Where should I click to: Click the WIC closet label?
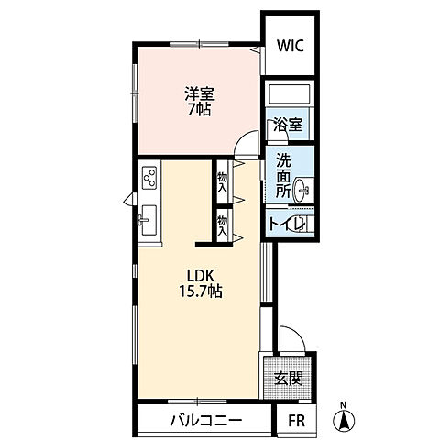(x=291, y=46)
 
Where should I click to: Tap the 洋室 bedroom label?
(x=200, y=94)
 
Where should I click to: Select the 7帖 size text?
(x=199, y=109)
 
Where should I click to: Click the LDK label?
(x=200, y=276)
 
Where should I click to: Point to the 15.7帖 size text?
(x=201, y=291)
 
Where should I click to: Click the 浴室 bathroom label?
(x=288, y=125)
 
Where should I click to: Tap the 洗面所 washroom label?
(x=284, y=175)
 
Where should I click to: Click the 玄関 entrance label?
(x=289, y=379)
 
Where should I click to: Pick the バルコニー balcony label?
(x=206, y=421)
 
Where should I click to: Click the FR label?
(x=297, y=421)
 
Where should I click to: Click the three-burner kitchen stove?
(x=149, y=178)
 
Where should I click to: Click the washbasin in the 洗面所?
(x=302, y=190)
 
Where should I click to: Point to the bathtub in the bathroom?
(x=289, y=94)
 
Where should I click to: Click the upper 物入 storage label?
(x=222, y=182)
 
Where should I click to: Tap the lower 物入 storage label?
(x=222, y=226)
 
